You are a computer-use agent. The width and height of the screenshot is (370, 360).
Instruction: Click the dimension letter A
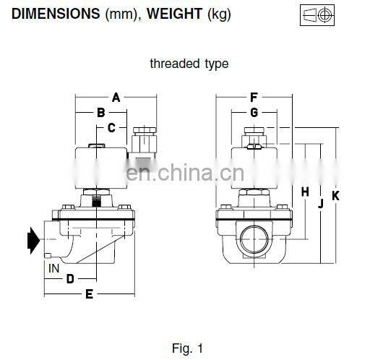tap(116, 97)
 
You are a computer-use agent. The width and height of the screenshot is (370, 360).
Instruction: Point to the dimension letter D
tap(70, 278)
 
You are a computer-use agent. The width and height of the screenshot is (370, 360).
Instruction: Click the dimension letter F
tap(254, 97)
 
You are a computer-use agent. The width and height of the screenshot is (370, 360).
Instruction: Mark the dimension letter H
tap(305, 192)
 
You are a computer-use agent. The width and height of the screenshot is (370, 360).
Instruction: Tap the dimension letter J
tap(319, 204)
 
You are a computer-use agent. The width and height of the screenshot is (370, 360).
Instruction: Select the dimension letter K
tap(335, 195)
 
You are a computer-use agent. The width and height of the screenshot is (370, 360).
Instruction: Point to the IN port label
tap(53, 268)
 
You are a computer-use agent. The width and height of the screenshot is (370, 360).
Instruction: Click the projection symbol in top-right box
tap(316, 14)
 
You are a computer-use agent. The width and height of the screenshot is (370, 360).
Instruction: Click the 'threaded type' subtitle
tap(189, 64)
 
